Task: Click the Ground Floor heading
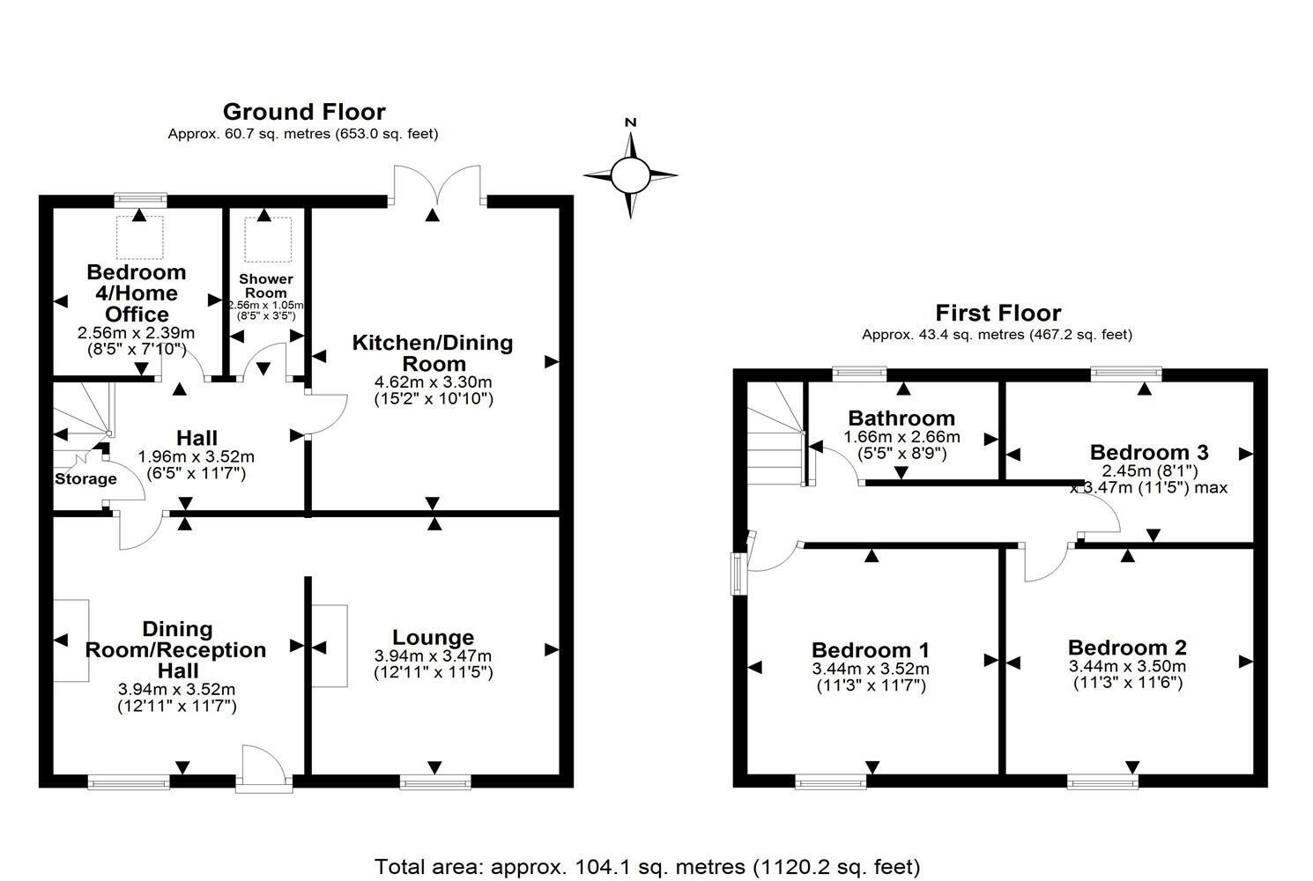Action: coord(304,111)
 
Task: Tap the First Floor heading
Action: coord(998,313)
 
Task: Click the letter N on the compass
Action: coord(631,122)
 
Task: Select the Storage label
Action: coord(85,479)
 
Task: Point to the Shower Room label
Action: coord(266,285)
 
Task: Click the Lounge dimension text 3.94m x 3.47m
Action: coord(434,656)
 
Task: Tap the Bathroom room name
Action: coord(901,418)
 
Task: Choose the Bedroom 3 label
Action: coord(1149,452)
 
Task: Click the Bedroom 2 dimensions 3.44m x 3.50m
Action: coord(1128,666)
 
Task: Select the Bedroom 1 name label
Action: coord(871,649)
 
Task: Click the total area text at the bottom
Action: coord(647,866)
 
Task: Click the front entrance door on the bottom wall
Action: coord(264,768)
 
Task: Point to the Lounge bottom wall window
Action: coord(435,781)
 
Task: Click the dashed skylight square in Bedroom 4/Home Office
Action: coord(139,237)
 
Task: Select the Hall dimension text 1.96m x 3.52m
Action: coord(197,456)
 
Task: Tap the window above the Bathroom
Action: coord(859,374)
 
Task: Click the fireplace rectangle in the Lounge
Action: coord(330,646)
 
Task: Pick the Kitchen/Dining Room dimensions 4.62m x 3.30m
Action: coord(434,382)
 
